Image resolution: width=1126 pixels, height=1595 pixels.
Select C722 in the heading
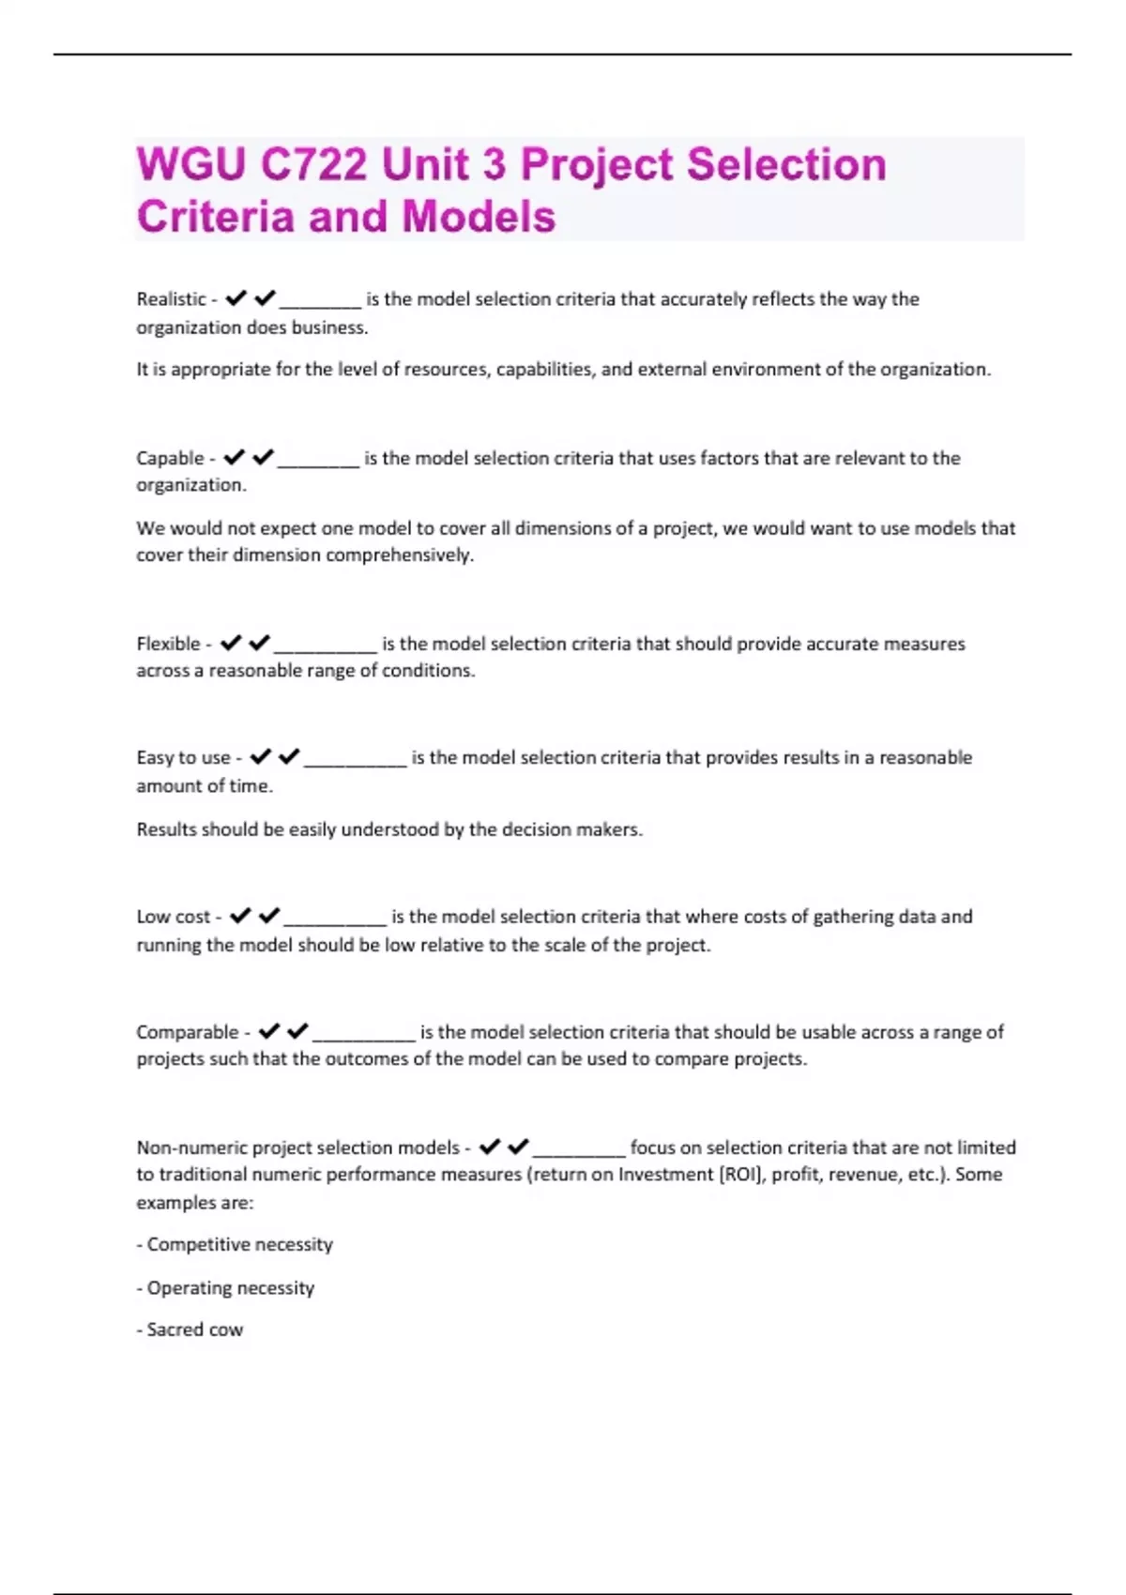tap(313, 165)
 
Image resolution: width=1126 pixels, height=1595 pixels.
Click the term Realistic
tap(171, 299)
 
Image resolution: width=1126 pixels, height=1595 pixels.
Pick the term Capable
tap(170, 458)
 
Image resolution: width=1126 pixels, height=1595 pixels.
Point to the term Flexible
tap(168, 644)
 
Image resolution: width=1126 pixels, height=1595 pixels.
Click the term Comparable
tap(188, 1032)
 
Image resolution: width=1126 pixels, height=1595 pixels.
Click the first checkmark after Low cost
tap(240, 916)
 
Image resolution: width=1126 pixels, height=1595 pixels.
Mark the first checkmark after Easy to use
tap(260, 756)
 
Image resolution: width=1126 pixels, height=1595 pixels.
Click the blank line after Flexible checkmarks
tap(325, 649)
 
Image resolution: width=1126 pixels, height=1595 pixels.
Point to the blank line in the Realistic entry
tap(320, 305)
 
